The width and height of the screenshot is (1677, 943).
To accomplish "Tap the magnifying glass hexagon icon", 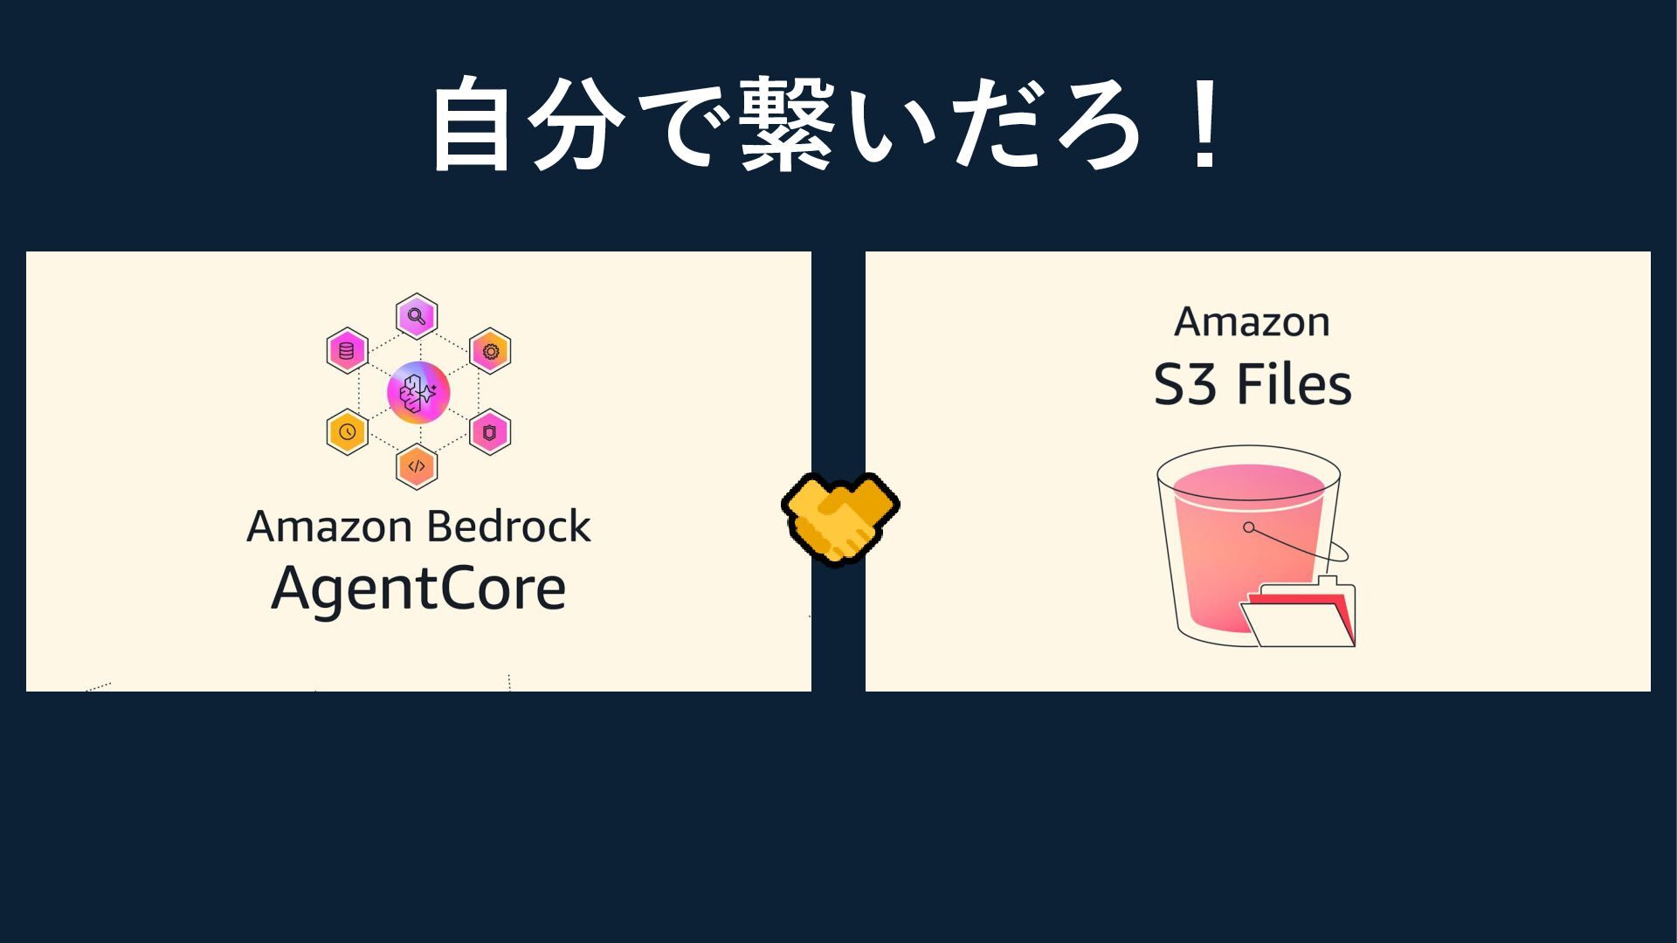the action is (x=417, y=316).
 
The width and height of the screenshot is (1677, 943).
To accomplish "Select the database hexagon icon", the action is (x=347, y=351).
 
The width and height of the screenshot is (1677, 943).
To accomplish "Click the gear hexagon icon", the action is (x=490, y=351).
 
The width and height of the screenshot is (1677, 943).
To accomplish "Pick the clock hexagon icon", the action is (x=347, y=431).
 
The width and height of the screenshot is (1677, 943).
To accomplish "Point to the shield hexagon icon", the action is (x=490, y=431).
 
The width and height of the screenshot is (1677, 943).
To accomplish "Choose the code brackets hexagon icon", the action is (x=417, y=466).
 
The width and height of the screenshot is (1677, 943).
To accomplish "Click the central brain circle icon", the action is (x=418, y=392).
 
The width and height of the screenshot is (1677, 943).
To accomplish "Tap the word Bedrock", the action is (x=508, y=527).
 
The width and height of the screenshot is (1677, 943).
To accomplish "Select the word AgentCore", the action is (x=418, y=589).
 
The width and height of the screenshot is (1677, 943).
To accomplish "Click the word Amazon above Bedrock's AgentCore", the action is (x=329, y=527).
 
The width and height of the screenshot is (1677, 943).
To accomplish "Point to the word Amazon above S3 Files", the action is (x=1252, y=322).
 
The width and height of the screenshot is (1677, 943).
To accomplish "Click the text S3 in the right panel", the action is (x=1184, y=385).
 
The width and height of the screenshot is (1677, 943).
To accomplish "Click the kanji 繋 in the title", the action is (x=786, y=124).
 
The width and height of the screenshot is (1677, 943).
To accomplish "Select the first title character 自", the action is (x=471, y=124).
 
